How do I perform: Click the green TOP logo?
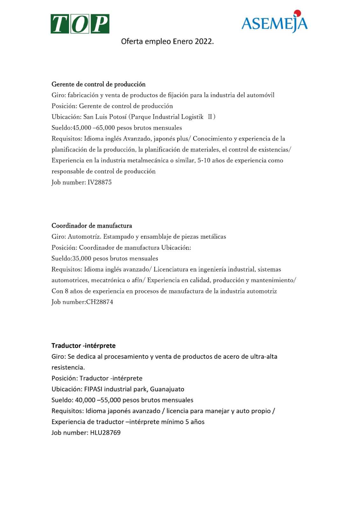pyautogui.click(x=80, y=24)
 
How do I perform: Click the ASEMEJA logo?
pyautogui.click(x=274, y=22)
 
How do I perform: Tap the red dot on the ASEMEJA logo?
pyautogui.click(x=298, y=13)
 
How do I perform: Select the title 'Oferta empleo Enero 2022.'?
pyautogui.click(x=167, y=42)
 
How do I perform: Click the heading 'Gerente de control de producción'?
pyautogui.click(x=98, y=84)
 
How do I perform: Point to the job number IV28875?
pyautogui.click(x=100, y=182)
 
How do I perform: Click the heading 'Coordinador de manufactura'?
pyautogui.click(x=92, y=226)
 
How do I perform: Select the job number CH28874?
pyautogui.click(x=100, y=302)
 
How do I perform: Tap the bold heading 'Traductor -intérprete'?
pyautogui.click(x=83, y=345)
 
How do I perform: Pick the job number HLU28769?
pyautogui.click(x=105, y=433)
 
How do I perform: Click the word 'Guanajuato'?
pyautogui.click(x=167, y=389)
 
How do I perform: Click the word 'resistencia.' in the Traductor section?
pyautogui.click(x=68, y=367)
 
